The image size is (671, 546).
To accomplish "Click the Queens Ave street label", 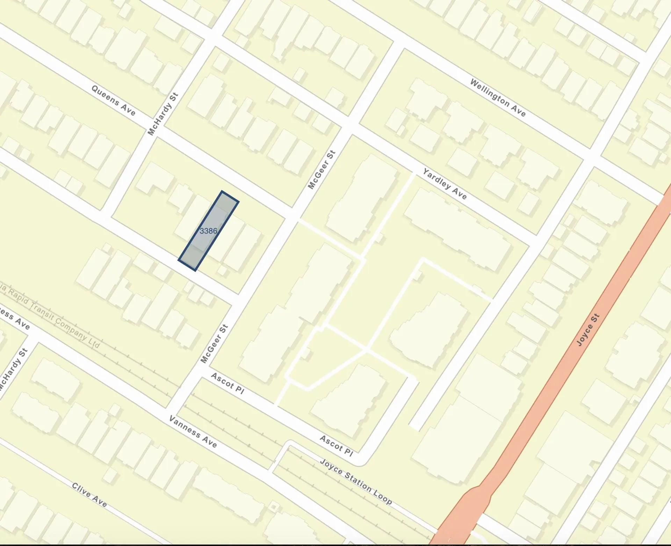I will (113, 100).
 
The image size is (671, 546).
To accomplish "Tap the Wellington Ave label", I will (498, 98).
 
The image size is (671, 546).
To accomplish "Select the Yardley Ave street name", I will (445, 184).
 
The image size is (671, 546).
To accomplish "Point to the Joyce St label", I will (588, 330).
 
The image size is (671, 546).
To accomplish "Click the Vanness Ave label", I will (193, 432).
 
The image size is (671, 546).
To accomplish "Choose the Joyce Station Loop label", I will (356, 481).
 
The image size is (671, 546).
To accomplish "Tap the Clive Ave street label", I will (89, 494).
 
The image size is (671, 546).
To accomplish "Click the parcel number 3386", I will (208, 231).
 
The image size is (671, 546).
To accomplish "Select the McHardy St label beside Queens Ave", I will (163, 114).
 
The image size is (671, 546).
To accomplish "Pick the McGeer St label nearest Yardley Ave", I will (322, 170).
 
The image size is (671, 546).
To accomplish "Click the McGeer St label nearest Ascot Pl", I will (214, 344).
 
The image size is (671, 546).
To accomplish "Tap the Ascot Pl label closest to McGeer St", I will (228, 383).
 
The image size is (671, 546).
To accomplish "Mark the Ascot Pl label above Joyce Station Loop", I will (336, 446).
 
